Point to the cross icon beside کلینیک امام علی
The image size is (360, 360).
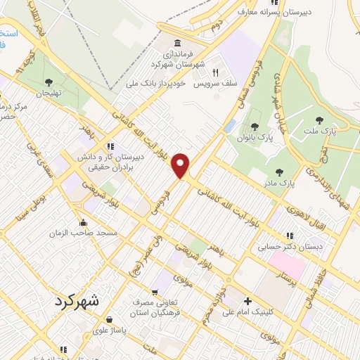(x=247, y=300)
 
